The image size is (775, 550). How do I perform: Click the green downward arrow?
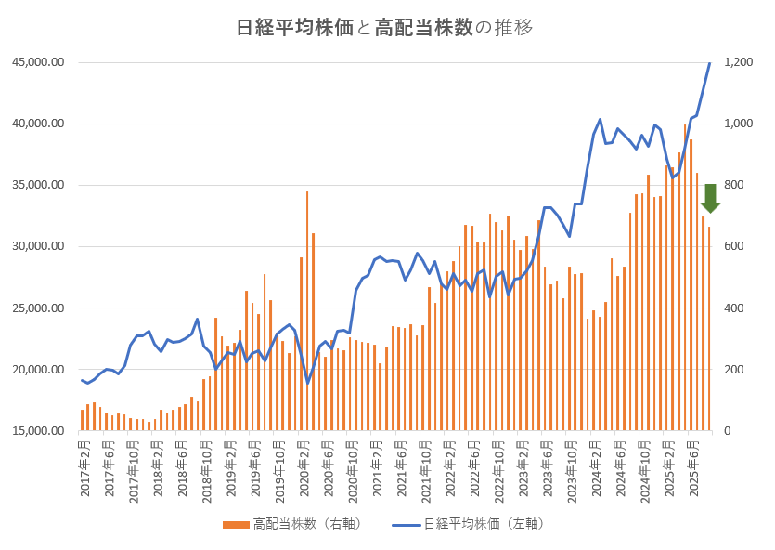[x=710, y=198]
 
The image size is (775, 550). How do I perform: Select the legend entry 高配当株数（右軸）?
[x=291, y=524]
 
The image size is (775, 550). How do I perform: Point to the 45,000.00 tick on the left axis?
[x=38, y=62]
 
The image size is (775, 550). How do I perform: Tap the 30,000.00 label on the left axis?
[x=38, y=246]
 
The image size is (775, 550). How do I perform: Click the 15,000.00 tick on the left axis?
[x=38, y=431]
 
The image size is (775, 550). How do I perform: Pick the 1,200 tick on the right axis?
[x=740, y=62]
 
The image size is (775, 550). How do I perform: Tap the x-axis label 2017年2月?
[x=85, y=469]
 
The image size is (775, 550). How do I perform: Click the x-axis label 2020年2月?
[x=304, y=469]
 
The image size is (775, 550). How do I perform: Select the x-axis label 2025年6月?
[x=694, y=469]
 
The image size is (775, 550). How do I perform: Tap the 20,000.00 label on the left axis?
[x=38, y=370]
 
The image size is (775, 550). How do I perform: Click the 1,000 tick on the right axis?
[x=740, y=124]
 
